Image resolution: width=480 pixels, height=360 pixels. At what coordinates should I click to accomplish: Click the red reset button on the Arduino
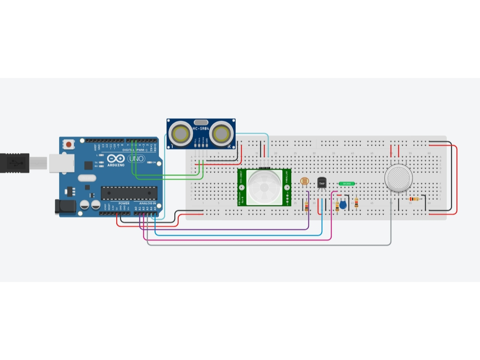point(69,144)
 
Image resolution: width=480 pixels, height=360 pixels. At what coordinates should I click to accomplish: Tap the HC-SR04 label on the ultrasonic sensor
point(201,128)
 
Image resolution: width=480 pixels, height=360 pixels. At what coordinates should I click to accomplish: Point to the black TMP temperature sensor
point(322,183)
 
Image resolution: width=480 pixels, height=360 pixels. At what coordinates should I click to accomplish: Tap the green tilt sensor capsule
point(347,184)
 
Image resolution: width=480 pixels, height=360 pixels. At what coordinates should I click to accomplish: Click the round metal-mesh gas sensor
point(398,178)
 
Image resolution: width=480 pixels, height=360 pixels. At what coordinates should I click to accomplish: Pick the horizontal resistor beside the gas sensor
point(414,199)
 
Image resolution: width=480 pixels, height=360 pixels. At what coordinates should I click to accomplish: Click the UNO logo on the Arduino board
point(136,159)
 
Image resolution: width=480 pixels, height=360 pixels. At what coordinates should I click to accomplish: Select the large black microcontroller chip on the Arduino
point(128,193)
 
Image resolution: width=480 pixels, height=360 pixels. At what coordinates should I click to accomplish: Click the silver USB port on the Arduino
point(61,162)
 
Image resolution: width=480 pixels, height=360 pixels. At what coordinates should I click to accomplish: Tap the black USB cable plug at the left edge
point(15,163)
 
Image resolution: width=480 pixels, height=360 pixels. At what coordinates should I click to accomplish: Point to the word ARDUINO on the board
point(116,165)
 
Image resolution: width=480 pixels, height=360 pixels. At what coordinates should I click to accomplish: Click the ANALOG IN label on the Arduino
point(148,203)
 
